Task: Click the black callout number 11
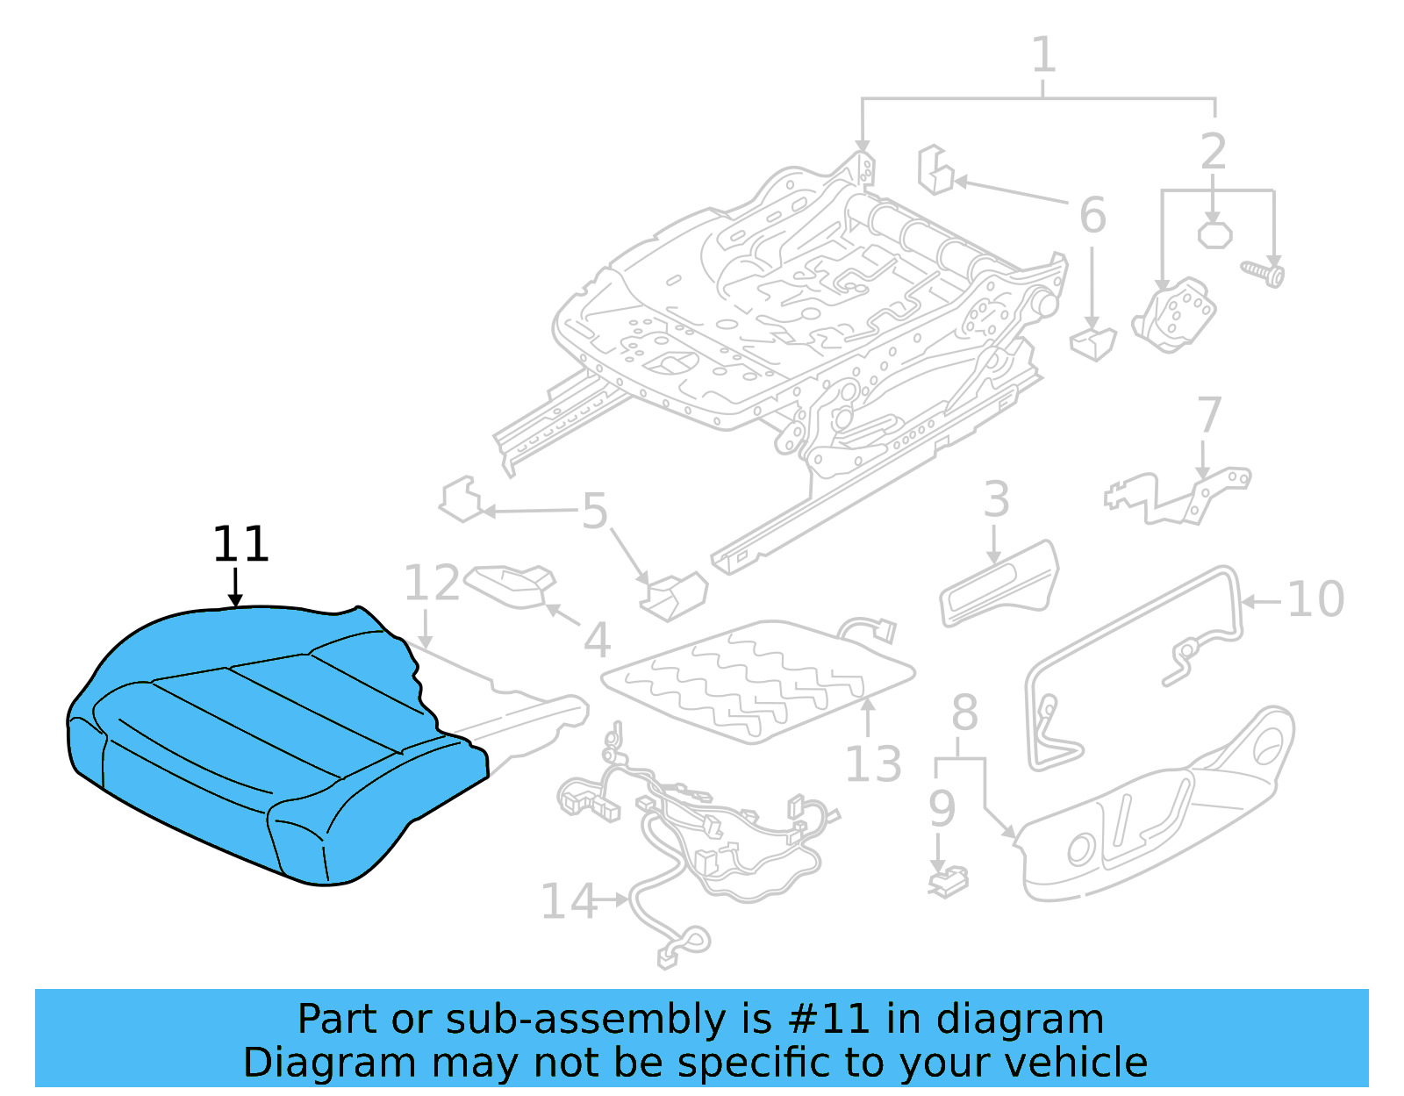[x=240, y=545]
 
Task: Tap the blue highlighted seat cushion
[x=263, y=746]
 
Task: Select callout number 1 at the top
[x=1042, y=55]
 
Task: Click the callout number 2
[x=1213, y=152]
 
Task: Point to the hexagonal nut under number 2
[x=1214, y=235]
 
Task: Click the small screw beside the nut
[x=1264, y=272]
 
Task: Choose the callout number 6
[x=1092, y=216]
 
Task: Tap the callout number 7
[x=1209, y=415]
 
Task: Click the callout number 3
[x=996, y=500]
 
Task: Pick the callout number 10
[x=1314, y=600]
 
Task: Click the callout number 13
[x=872, y=764]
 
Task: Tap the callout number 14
[x=567, y=902]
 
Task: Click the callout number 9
[x=941, y=809]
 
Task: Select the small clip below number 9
[x=948, y=882]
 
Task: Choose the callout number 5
[x=595, y=512]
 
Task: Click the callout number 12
[x=431, y=584]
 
